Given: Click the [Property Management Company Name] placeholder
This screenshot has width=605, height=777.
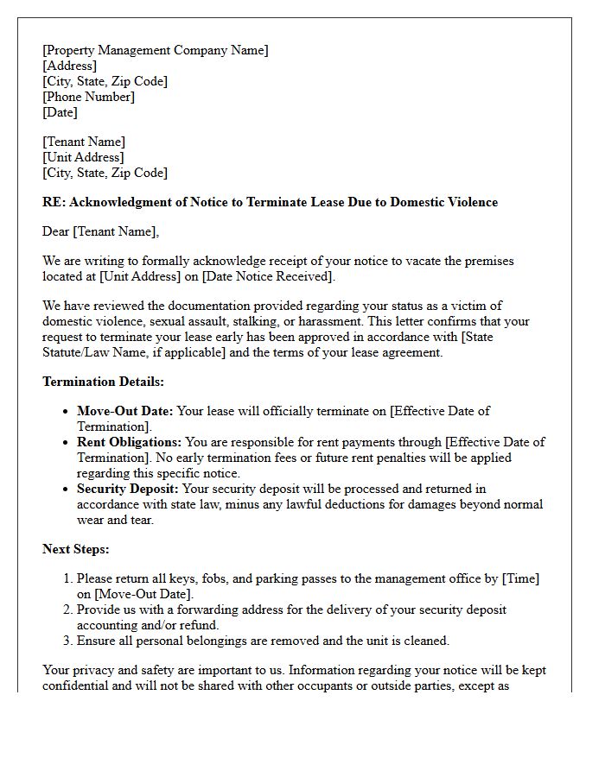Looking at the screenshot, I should (156, 50).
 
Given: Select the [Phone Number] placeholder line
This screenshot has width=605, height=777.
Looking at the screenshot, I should (88, 97).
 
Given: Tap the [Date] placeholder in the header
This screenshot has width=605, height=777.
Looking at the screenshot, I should (60, 112).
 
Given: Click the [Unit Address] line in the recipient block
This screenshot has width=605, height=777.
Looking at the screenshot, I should (83, 157).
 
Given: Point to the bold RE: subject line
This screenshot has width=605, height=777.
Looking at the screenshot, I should (270, 202).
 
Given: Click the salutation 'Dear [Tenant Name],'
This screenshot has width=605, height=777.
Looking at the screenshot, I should (100, 231).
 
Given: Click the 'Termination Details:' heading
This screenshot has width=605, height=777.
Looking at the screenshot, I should (103, 382).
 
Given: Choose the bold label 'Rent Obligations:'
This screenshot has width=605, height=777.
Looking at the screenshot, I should (130, 442).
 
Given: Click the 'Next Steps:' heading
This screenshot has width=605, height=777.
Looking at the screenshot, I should (76, 549).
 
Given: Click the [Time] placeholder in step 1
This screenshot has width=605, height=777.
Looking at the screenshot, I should (520, 578).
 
